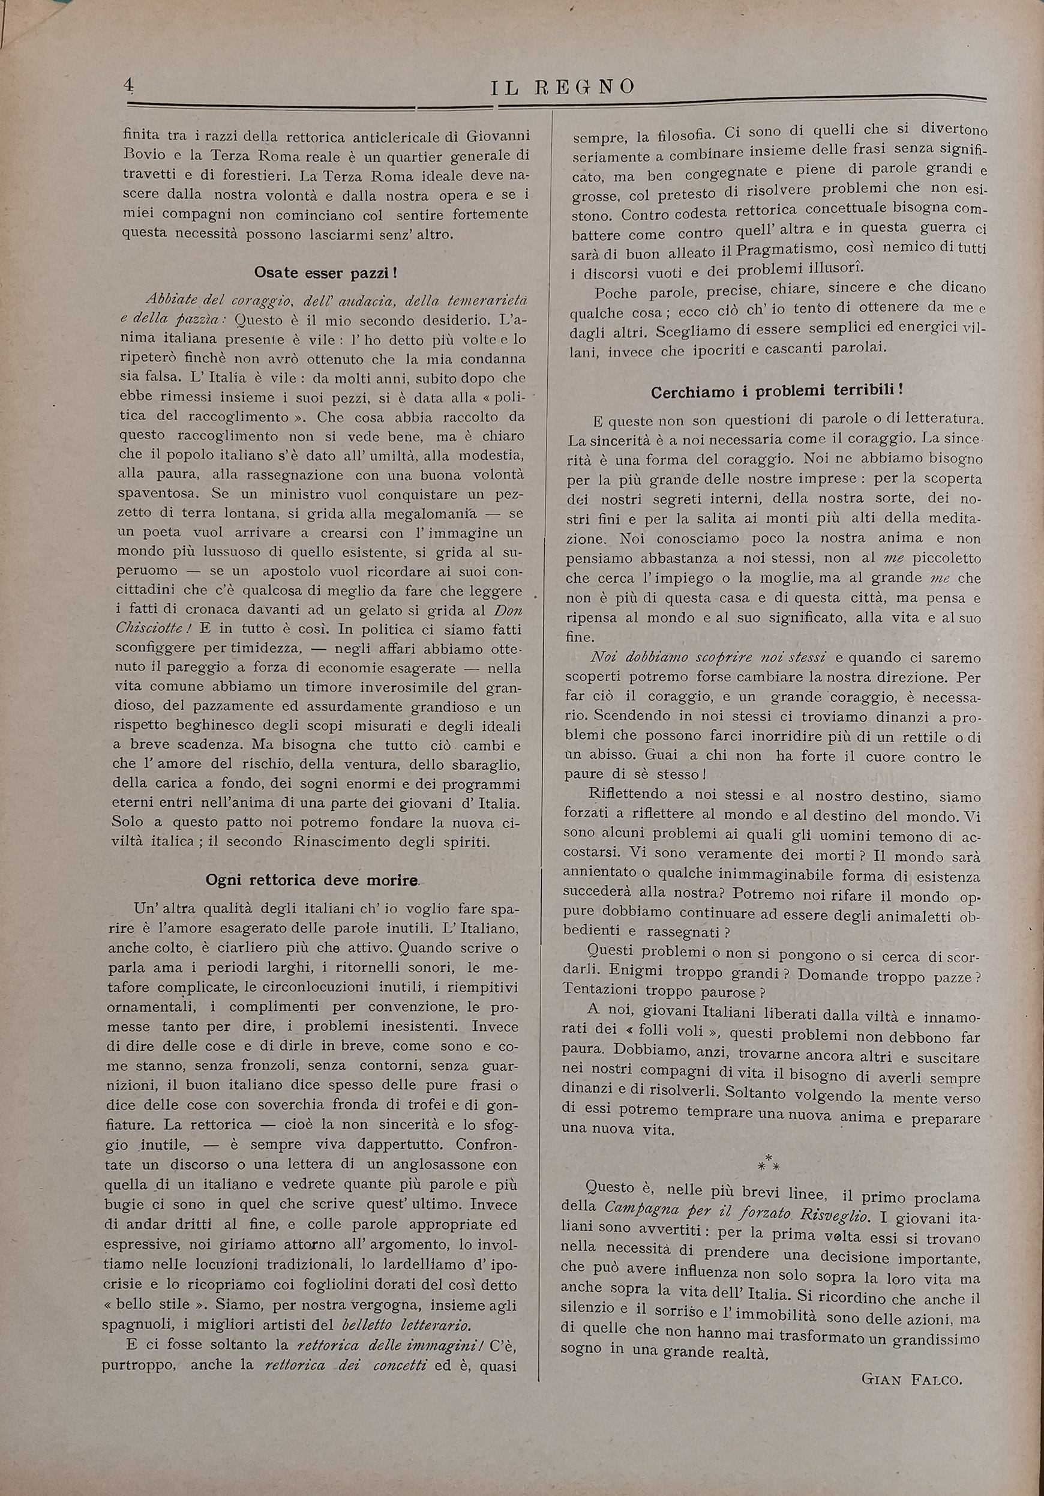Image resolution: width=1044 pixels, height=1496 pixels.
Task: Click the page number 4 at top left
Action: (128, 85)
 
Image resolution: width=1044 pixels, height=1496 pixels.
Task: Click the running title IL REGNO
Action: (562, 86)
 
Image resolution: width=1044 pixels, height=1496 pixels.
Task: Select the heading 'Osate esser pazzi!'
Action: (326, 273)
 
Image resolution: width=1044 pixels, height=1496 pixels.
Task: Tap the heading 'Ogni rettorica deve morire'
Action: (311, 879)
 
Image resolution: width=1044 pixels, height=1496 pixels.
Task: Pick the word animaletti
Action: (915, 917)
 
